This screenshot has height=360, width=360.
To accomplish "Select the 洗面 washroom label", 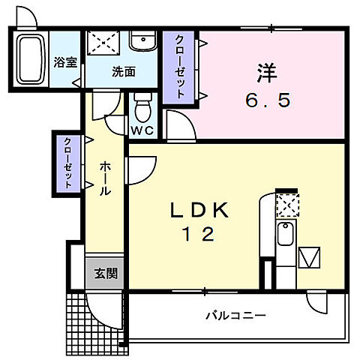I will [x=124, y=73].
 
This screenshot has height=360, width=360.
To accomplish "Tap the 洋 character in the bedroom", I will [x=267, y=73].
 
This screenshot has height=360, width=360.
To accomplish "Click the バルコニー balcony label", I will [x=235, y=316].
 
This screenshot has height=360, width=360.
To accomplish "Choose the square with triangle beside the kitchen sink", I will [x=310, y=258].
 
